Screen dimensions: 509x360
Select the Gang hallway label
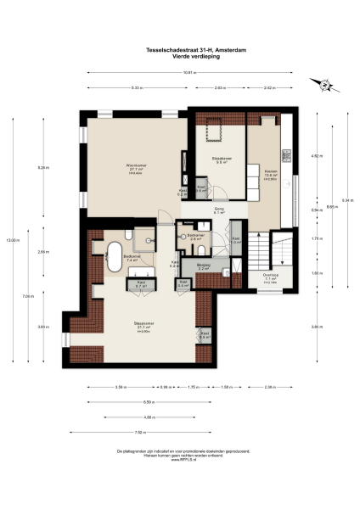pyautogui.click(x=218, y=210)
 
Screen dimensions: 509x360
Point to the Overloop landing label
pyautogui.click(x=270, y=276)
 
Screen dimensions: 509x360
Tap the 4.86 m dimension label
pyautogui.click(x=149, y=417)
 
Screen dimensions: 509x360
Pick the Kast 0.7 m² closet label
pyautogui.click(x=142, y=283)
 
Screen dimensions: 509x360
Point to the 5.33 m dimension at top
pyautogui.click(x=137, y=87)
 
